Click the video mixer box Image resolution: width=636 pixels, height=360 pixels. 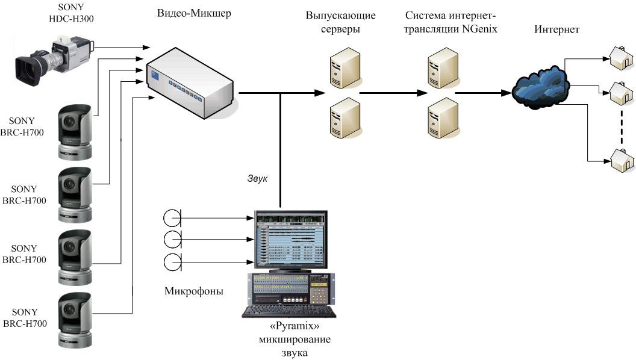point(189,85)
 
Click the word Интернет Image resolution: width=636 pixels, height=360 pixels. point(556,29)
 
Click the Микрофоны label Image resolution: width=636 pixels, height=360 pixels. point(193,292)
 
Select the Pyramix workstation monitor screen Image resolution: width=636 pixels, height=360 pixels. point(290,239)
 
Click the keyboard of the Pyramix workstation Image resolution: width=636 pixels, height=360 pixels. point(289,311)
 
